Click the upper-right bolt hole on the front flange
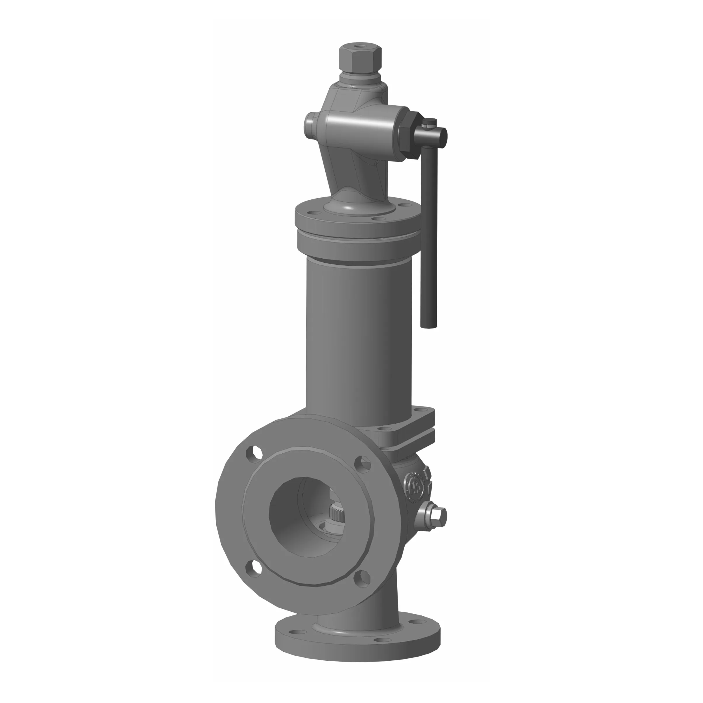[362, 464]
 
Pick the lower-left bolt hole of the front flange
[254, 569]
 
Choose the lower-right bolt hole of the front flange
[362, 579]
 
